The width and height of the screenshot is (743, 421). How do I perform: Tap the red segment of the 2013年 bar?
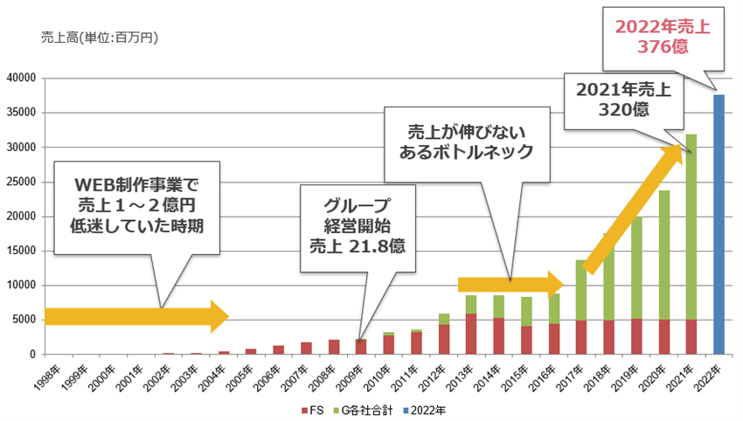click(x=471, y=334)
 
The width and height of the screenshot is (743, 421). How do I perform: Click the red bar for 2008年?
click(x=334, y=347)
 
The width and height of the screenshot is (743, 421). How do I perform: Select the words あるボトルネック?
click(x=467, y=151)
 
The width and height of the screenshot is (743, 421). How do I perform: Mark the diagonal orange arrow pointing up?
click(x=633, y=209)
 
